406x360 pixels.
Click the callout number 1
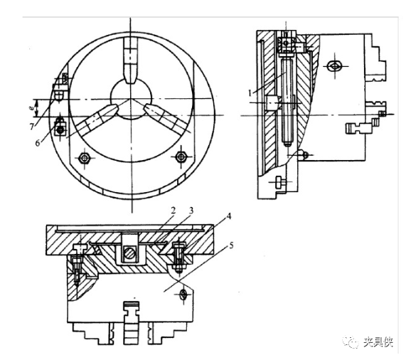(250, 92)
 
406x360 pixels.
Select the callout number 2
(173, 211)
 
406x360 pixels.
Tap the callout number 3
(191, 211)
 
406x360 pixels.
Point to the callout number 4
(228, 216)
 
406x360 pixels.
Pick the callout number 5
(231, 245)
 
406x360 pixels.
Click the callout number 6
(38, 143)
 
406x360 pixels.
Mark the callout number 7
(32, 127)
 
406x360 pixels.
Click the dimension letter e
(30, 107)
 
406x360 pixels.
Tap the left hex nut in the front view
(84, 157)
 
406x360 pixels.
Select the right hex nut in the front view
(181, 157)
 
